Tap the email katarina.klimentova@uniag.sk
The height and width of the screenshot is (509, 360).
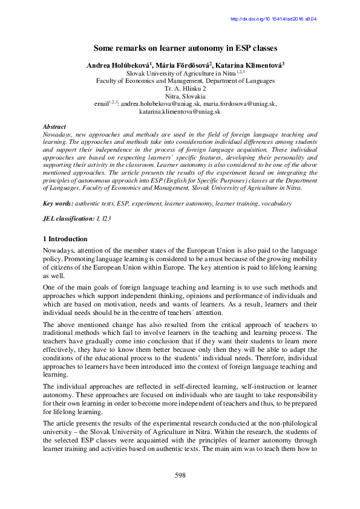click(x=180, y=112)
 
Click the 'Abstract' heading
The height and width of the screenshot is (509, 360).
click(x=55, y=126)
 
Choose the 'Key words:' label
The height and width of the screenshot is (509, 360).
click(x=60, y=204)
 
